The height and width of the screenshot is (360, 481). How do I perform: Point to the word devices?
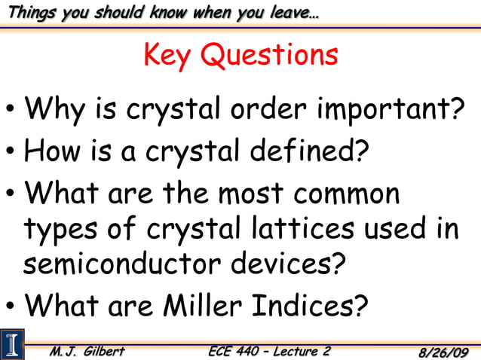[x=290, y=264]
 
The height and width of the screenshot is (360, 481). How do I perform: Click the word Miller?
[x=200, y=305]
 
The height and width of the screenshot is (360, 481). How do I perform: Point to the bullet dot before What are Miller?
[x=11, y=307]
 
